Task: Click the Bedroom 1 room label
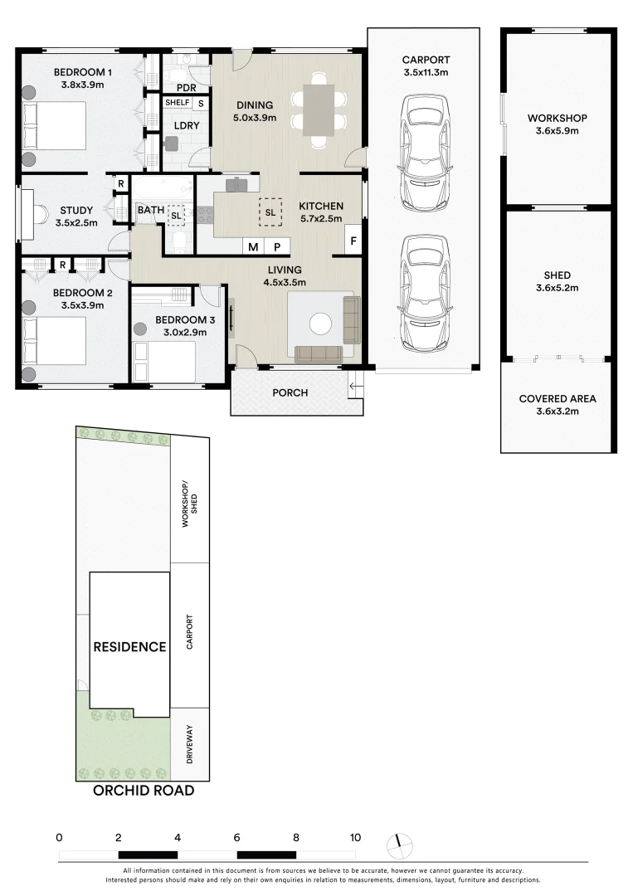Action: [83, 72]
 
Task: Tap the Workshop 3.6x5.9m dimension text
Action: [557, 131]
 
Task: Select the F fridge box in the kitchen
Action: [353, 241]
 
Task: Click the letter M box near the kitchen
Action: [253, 247]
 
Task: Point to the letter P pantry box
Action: [278, 247]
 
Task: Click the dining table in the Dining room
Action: [319, 110]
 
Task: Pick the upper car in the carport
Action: [425, 153]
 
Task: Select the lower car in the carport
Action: [425, 293]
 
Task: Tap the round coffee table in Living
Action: [320, 324]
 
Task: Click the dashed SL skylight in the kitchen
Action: [270, 212]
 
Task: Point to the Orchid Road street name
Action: [144, 791]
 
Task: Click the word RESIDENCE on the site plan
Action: [129, 647]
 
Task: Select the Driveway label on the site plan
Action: [190, 744]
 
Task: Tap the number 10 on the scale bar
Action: [355, 838]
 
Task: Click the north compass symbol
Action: [399, 845]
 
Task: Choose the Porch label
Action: [290, 392]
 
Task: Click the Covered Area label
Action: [558, 399]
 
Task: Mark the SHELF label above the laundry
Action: [177, 102]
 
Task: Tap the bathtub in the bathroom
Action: [163, 188]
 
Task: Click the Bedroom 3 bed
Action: [164, 362]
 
